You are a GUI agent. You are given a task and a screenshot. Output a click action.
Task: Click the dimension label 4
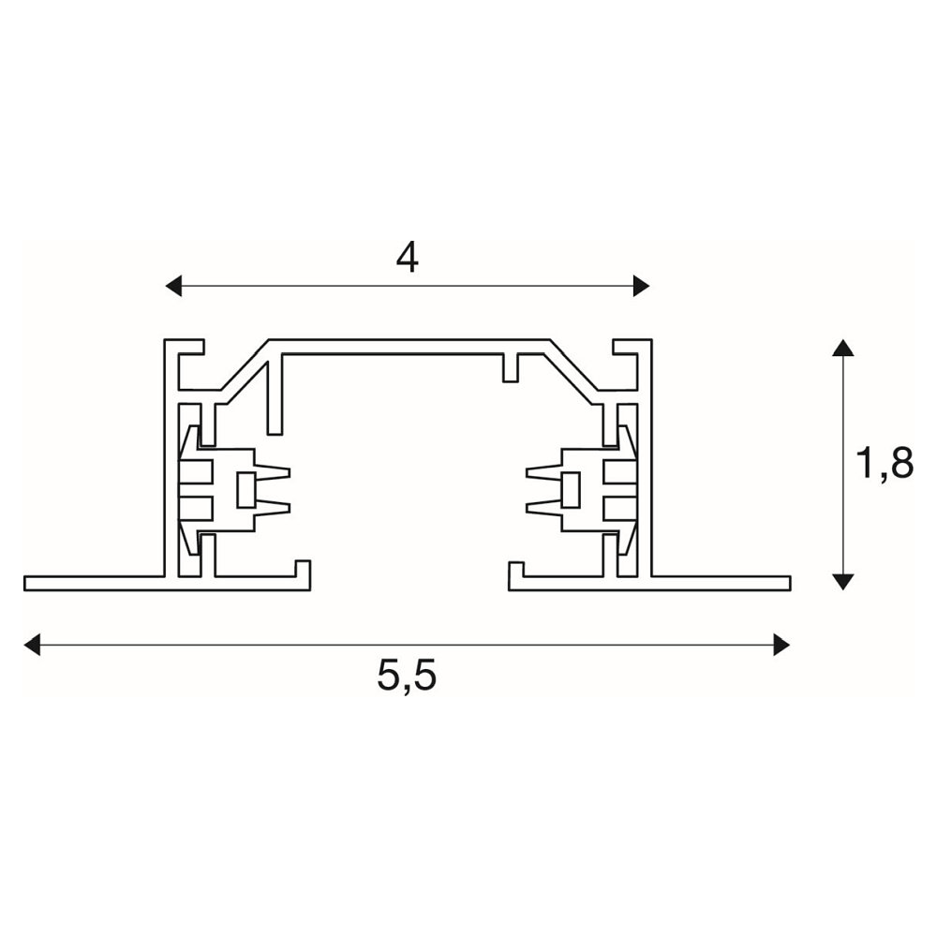(408, 259)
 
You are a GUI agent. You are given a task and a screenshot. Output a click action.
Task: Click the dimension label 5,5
(407, 677)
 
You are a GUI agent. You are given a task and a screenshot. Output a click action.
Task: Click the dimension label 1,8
(885, 463)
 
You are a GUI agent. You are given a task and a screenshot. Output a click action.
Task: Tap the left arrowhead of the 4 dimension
(173, 286)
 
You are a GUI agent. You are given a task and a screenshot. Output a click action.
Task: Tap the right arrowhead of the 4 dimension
(641, 286)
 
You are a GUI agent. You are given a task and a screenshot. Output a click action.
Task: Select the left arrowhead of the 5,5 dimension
(32, 645)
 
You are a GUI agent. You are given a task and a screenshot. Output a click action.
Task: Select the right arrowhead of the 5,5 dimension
(781, 645)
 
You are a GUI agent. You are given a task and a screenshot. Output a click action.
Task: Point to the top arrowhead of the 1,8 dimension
(842, 348)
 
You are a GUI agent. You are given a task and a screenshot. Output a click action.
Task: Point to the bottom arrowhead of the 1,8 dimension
(842, 582)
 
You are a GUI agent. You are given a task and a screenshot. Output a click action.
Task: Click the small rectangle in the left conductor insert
(246, 490)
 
